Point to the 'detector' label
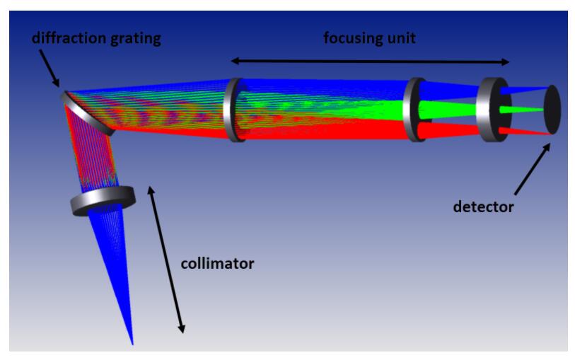(x=483, y=207)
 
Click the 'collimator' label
(x=217, y=263)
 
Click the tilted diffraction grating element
(x=87, y=114)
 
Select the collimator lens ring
(x=103, y=199)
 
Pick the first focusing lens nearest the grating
(x=235, y=110)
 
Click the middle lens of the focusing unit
(x=414, y=110)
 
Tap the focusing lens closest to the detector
(x=492, y=110)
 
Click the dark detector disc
(x=552, y=110)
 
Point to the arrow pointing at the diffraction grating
(x=49, y=68)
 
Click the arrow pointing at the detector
(x=533, y=169)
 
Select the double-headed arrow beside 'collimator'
(x=166, y=260)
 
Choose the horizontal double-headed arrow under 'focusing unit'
(x=370, y=62)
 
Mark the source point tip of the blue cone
(x=132, y=344)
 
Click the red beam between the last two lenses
(x=451, y=131)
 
